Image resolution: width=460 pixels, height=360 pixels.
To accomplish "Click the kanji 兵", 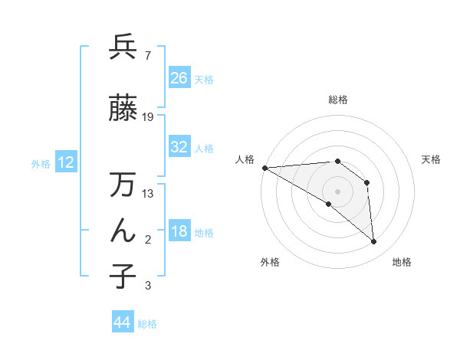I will (x=123, y=47).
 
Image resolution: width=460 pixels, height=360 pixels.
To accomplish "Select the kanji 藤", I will (x=123, y=108).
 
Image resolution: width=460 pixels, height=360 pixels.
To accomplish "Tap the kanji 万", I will (x=123, y=185).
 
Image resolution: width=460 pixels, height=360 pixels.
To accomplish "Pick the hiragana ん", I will (x=123, y=231).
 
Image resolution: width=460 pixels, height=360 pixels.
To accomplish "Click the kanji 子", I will (x=123, y=276).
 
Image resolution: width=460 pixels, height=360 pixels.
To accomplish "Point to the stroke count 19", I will (x=148, y=117).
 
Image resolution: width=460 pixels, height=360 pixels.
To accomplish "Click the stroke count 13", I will (x=148, y=194).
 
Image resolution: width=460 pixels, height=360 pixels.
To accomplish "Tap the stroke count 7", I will (x=147, y=56).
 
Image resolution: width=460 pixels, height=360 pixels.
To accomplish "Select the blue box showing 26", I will (x=179, y=77).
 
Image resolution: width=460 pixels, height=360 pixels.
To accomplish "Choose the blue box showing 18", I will (x=179, y=231).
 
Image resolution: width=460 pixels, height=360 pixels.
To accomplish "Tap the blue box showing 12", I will (x=65, y=162).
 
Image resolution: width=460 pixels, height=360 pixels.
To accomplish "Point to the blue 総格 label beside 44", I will (x=147, y=324).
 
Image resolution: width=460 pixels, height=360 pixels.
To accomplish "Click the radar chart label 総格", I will (x=337, y=100).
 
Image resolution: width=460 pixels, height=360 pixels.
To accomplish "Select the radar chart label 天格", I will (x=432, y=159).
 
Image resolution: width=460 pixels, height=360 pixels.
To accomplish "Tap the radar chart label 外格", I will (x=270, y=262).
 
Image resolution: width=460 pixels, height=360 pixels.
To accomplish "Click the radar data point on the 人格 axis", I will (x=264, y=167).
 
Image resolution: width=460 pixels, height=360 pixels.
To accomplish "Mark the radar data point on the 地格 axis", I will (x=373, y=241).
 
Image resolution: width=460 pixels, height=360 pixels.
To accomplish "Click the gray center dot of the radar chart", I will (x=337, y=191).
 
